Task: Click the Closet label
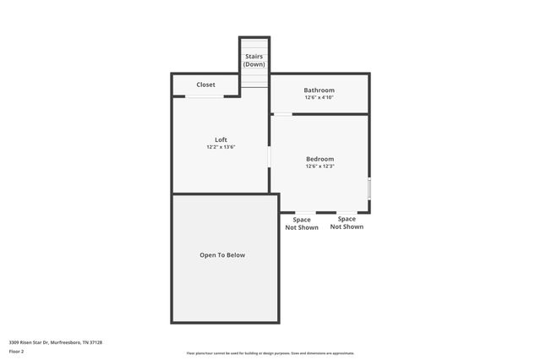[205, 85]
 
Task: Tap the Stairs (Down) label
[254, 60]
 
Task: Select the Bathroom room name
[320, 90]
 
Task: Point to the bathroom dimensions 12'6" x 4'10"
[320, 98]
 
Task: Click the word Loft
[221, 139]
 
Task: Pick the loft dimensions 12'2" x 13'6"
[221, 147]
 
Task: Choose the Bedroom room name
[320, 159]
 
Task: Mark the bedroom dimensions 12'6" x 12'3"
[320, 166]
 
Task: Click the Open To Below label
[222, 254]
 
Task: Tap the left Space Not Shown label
[302, 223]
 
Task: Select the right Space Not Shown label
[347, 222]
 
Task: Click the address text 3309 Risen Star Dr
[29, 342]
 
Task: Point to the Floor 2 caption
[17, 351]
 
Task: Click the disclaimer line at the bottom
[270, 353]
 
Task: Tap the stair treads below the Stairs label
[254, 79]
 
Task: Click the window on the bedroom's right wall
[369, 188]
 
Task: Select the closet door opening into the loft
[205, 96]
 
